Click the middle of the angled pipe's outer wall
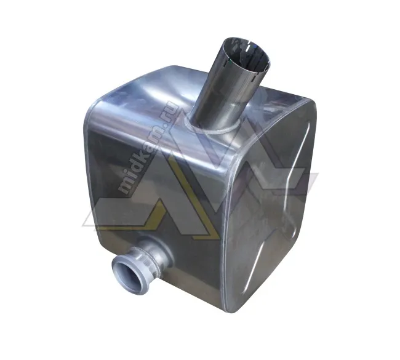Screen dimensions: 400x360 pyautogui.click(x=225, y=89)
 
